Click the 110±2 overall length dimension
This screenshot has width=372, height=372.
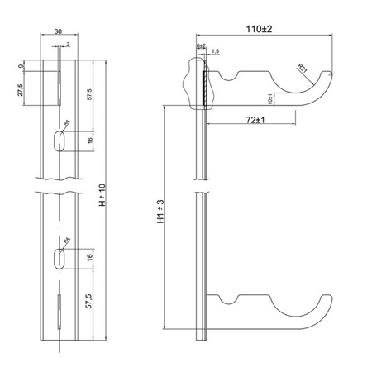click(x=264, y=29)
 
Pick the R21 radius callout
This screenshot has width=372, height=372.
click(x=303, y=70)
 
